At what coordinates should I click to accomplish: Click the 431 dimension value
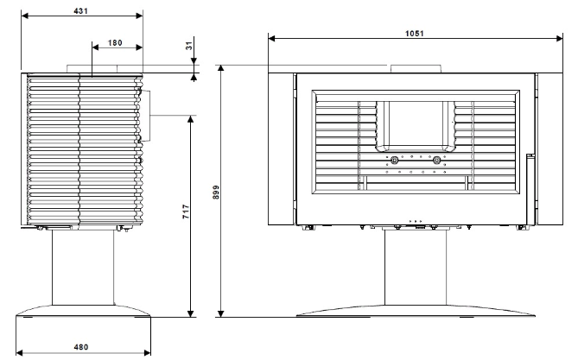[x=80, y=11]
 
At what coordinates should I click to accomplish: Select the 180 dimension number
[x=115, y=43]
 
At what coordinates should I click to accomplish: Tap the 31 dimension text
[x=189, y=46]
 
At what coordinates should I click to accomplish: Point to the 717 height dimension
[x=186, y=212]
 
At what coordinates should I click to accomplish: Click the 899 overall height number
[x=216, y=192]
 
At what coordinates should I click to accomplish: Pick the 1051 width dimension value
[x=415, y=34]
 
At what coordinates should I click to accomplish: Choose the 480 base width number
[x=81, y=347]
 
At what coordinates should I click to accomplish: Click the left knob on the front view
[x=394, y=161]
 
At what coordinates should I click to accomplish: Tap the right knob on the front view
[x=437, y=161]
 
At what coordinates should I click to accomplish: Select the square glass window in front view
[x=416, y=123]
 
